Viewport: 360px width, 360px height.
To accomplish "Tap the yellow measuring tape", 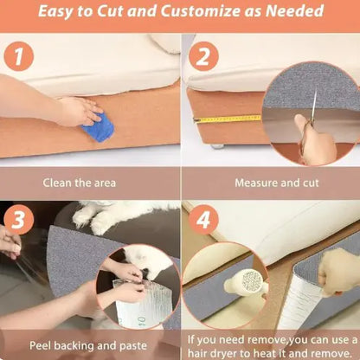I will (227, 119).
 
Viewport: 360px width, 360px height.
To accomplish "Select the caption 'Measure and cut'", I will (270, 183).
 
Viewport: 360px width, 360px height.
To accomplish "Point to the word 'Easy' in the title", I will (61, 12).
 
